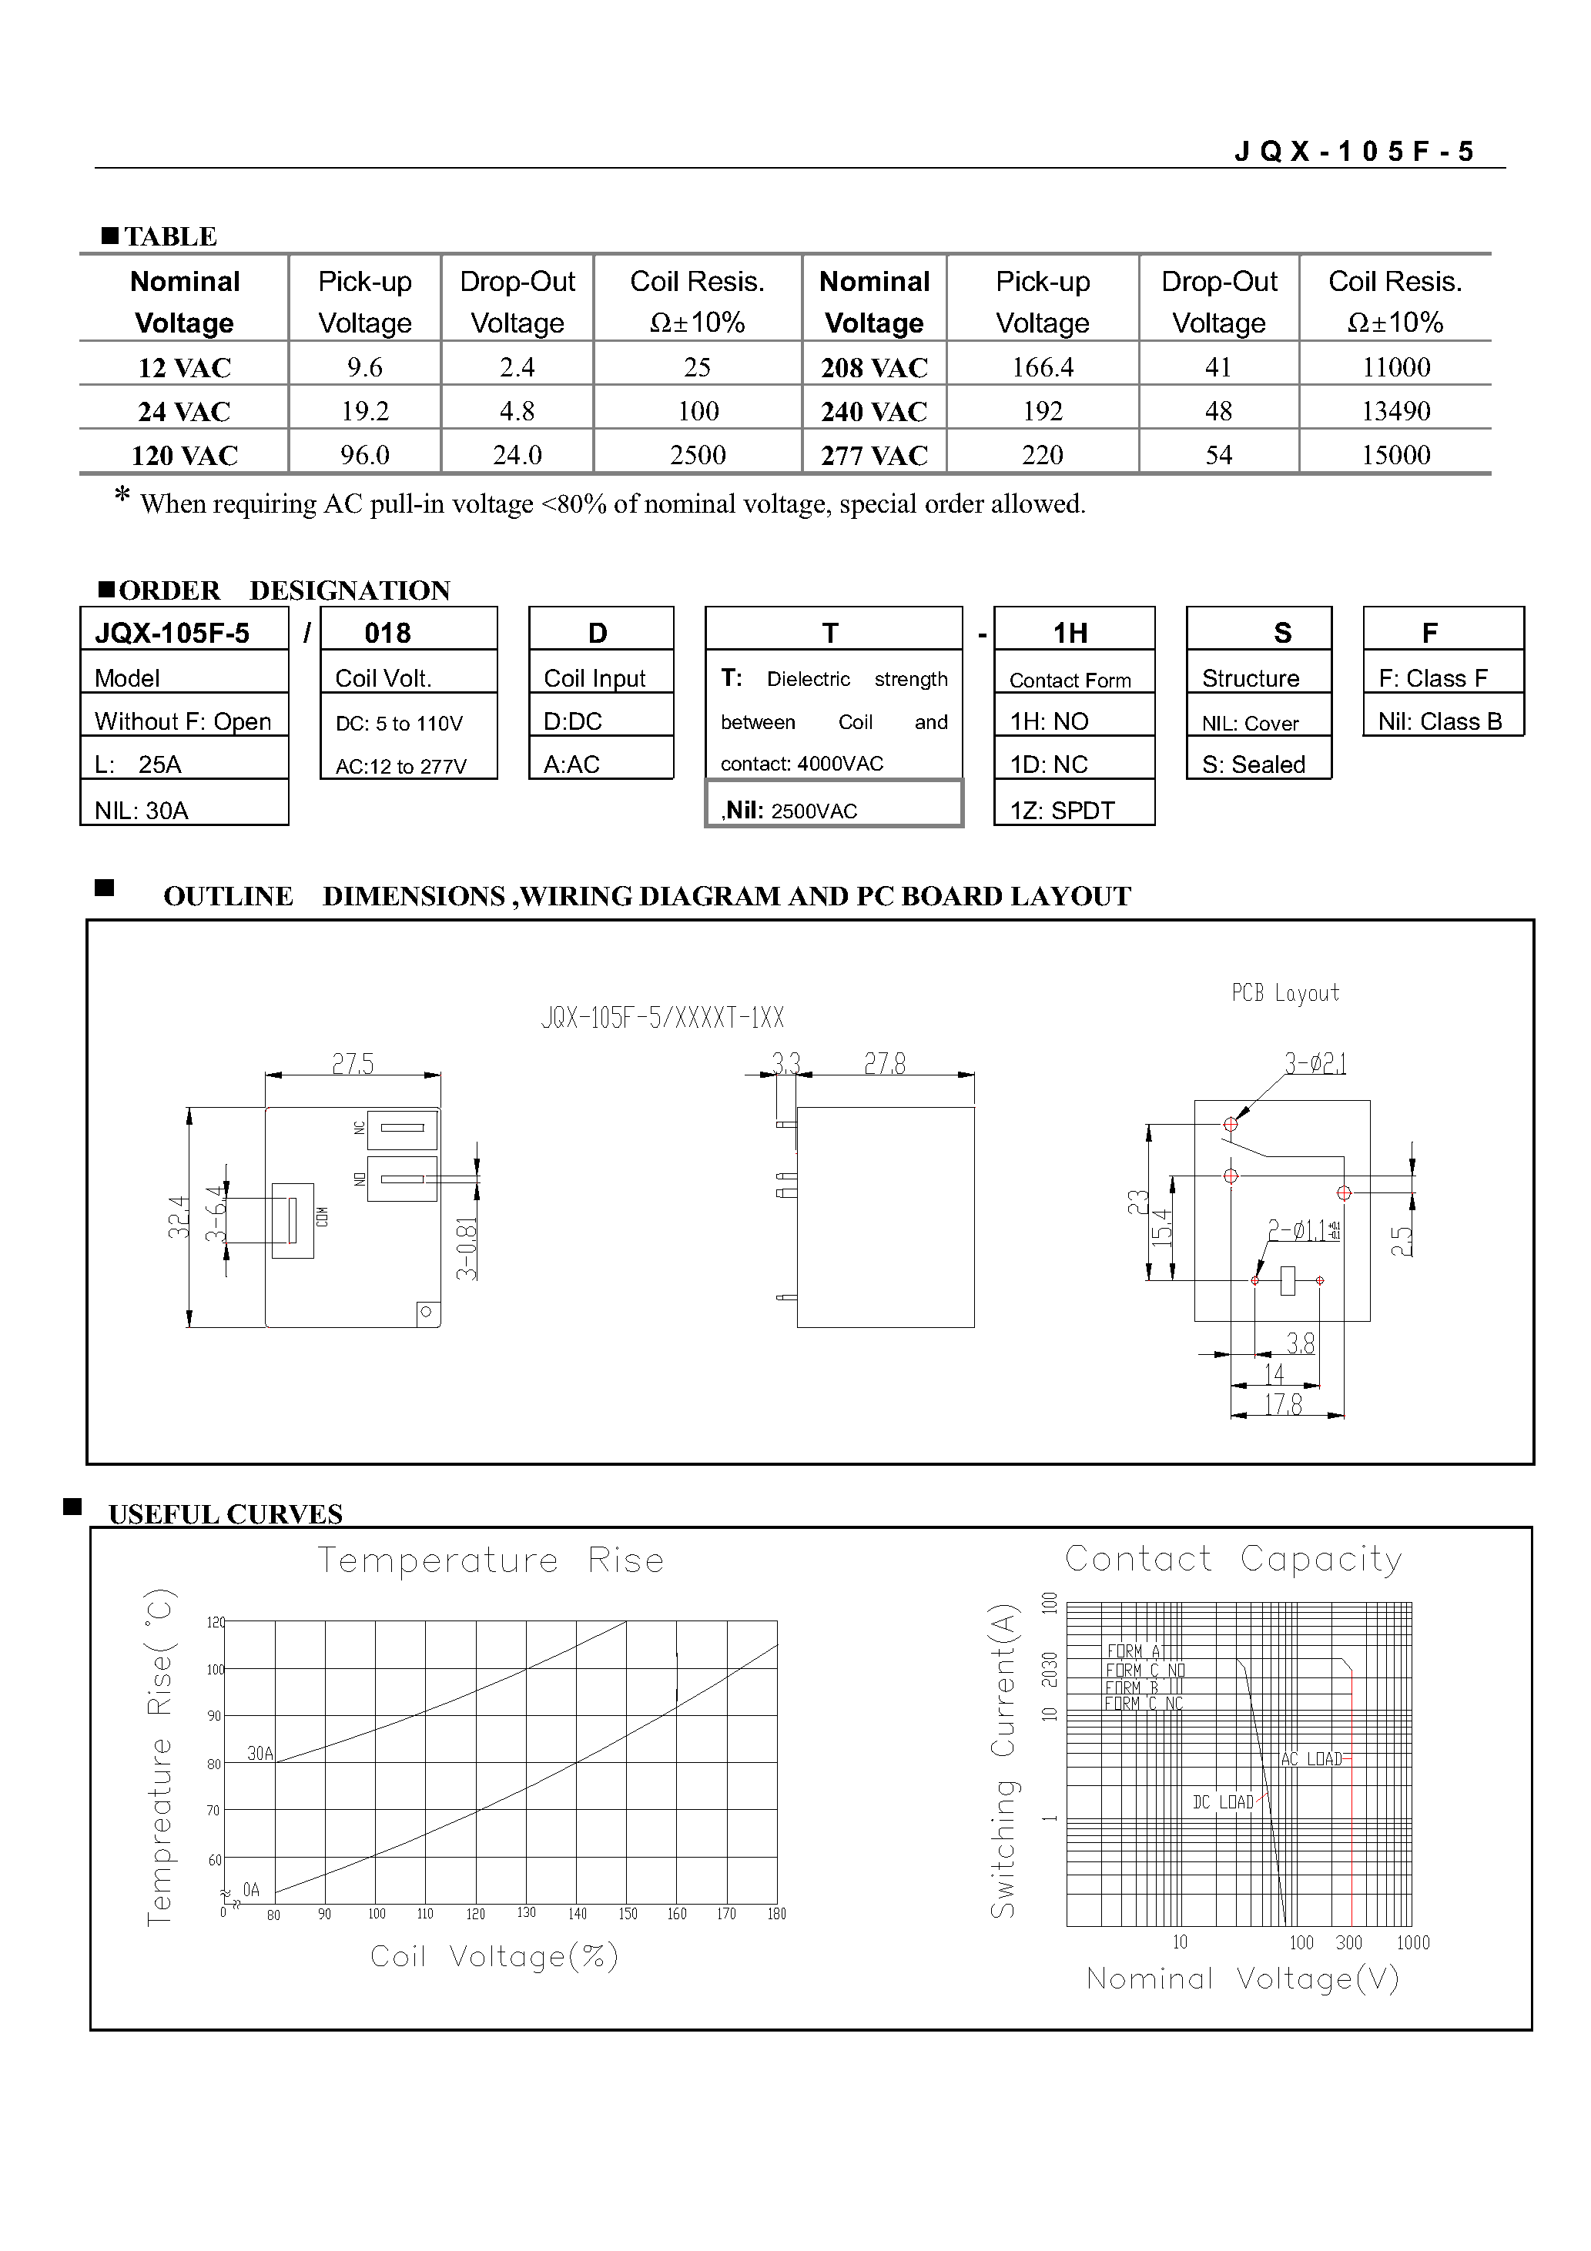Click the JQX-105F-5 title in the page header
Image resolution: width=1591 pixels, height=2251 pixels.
1354,151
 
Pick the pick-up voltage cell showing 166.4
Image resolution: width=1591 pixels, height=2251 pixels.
1042,368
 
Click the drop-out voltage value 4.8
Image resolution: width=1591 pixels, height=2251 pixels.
517,411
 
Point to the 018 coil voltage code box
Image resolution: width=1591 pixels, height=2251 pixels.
387,632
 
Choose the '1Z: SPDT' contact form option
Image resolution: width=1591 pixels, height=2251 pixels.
1062,810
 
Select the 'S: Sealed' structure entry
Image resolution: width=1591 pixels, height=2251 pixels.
1254,764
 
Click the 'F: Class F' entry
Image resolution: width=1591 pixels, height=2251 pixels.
1432,677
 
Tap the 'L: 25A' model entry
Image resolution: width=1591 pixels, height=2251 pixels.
139,764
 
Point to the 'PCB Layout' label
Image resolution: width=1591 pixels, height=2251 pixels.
1285,993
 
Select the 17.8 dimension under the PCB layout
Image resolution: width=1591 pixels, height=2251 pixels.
1282,1405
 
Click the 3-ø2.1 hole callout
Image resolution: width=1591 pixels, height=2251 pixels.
1315,1062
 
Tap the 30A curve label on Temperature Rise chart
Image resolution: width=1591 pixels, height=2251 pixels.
260,1753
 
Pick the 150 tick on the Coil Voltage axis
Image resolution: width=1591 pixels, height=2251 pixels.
628,1913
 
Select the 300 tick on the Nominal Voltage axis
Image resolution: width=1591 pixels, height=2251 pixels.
1348,1942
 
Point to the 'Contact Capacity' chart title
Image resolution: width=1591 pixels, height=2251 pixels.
1233,1559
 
